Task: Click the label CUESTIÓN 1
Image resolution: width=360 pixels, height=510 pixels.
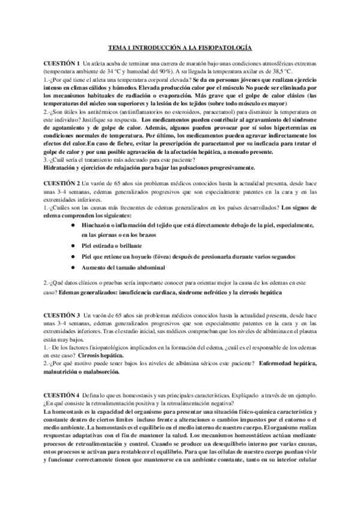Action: click(61, 63)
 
